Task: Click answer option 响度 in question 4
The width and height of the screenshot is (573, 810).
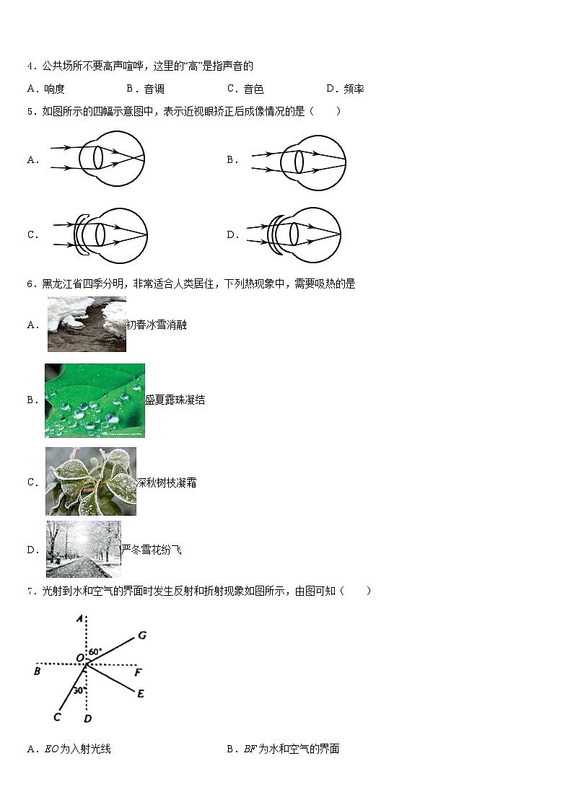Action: [54, 89]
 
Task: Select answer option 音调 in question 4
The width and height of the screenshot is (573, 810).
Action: [154, 89]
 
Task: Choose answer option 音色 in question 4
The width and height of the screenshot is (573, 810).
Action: [253, 89]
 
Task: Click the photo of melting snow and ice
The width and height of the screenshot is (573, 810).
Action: [87, 325]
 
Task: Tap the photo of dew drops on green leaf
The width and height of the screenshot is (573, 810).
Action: [95, 400]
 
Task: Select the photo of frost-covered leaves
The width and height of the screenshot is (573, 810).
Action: [90, 482]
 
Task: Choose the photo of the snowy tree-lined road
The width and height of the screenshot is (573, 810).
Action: [83, 550]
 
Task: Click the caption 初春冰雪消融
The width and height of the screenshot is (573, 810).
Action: [157, 325]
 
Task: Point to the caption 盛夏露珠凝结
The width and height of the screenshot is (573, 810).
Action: [175, 400]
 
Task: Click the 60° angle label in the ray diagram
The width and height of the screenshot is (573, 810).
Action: [95, 652]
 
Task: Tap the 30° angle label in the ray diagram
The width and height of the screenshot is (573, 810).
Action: [79, 690]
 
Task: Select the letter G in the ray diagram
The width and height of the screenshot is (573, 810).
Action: [142, 635]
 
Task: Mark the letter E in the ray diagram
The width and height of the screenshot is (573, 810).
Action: [140, 694]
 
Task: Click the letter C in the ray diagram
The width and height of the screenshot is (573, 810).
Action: [57, 717]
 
